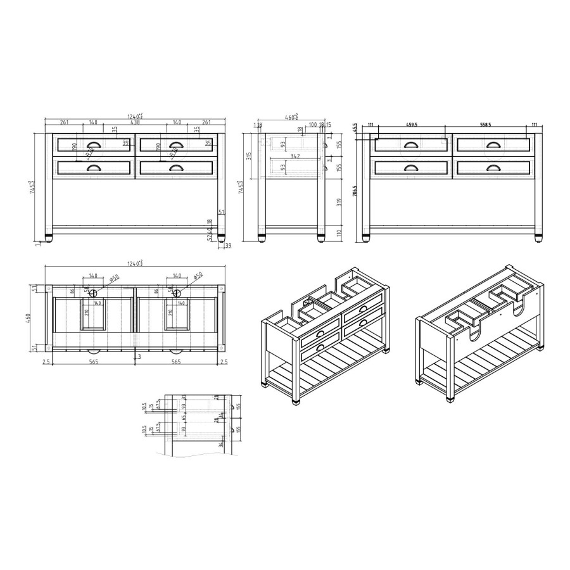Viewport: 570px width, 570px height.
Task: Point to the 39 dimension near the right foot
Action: (229, 245)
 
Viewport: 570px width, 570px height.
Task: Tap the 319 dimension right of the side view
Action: (340, 202)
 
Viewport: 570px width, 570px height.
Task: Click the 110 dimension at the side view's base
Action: (340, 232)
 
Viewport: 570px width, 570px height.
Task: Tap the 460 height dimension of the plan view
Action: (28, 319)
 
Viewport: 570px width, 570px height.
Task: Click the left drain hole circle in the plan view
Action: (93, 293)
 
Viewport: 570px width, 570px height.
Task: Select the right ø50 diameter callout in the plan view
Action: (197, 277)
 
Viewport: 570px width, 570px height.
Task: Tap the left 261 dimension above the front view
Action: (65, 122)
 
